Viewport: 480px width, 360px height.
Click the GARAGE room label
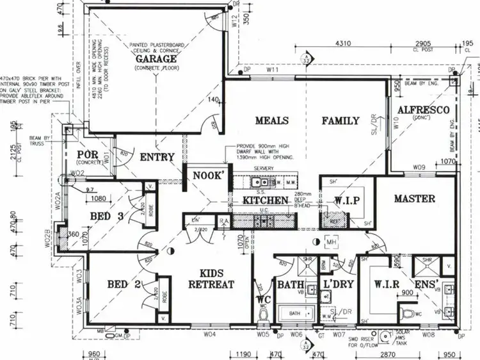(x=155, y=59)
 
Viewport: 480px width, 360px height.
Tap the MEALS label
(x=271, y=120)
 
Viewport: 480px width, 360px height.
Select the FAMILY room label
(x=340, y=120)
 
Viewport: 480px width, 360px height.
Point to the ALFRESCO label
(x=418, y=110)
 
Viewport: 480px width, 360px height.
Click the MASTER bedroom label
(x=414, y=199)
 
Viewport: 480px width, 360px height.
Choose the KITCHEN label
(x=265, y=200)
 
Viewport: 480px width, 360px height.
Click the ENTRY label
(x=157, y=157)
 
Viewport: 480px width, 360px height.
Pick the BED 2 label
(x=124, y=284)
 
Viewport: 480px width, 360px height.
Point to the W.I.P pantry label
(x=346, y=200)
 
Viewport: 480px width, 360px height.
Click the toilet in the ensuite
(x=411, y=313)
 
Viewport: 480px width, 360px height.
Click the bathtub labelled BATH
(x=295, y=314)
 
